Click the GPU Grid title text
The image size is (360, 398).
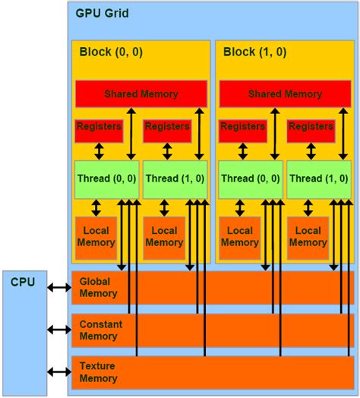click(x=101, y=13)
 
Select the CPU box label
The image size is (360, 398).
click(x=23, y=282)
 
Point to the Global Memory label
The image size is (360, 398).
click(x=98, y=287)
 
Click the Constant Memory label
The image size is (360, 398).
click(x=100, y=330)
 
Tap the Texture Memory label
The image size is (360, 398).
click(x=98, y=371)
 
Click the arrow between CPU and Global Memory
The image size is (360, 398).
click(x=58, y=288)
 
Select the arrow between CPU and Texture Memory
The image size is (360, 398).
click(x=58, y=371)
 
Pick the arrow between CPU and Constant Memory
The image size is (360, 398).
click(x=58, y=330)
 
